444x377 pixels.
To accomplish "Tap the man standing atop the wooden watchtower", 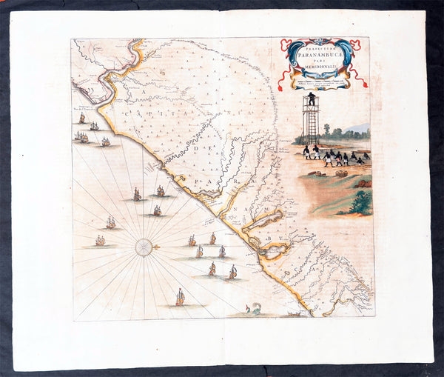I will (312, 97).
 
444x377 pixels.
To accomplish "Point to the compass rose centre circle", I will (144, 247).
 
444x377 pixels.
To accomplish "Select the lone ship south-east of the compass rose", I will (178, 296).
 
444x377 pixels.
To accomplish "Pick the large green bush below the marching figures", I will (361, 201).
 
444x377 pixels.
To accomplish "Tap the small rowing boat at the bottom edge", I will (293, 314).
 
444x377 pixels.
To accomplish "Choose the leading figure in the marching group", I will (306, 152).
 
